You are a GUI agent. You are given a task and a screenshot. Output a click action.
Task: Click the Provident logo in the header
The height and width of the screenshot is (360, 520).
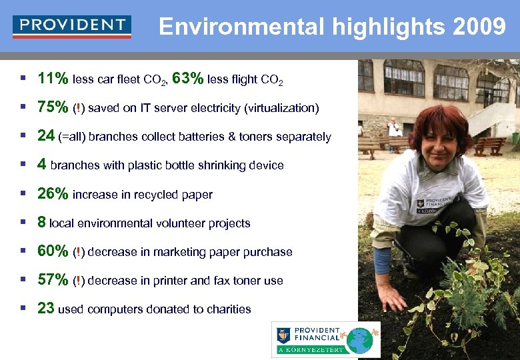tap(71, 27)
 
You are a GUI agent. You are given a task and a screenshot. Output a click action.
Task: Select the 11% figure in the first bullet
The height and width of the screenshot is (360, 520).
tap(53, 79)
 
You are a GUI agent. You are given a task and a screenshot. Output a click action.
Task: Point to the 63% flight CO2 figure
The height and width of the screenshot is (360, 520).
tap(187, 79)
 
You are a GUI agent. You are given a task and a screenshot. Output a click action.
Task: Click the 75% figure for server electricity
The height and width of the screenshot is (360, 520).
tap(53, 107)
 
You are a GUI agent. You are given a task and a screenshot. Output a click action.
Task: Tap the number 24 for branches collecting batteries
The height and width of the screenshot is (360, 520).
tap(46, 136)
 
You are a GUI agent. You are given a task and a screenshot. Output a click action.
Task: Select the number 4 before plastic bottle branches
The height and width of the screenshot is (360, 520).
tap(42, 165)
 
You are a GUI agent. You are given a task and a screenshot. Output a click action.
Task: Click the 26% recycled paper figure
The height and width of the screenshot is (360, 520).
tap(53, 194)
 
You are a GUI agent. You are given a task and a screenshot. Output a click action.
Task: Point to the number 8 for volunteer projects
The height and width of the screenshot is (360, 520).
tap(42, 223)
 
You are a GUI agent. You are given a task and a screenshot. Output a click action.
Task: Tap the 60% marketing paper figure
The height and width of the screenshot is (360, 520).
tap(53, 251)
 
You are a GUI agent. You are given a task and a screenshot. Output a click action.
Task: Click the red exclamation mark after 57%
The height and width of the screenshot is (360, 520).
tap(79, 281)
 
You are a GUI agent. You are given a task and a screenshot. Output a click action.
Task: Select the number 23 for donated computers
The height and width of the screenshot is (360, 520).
tap(46, 309)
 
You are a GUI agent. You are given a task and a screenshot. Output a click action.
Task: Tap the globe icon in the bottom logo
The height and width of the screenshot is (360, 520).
tap(361, 339)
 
